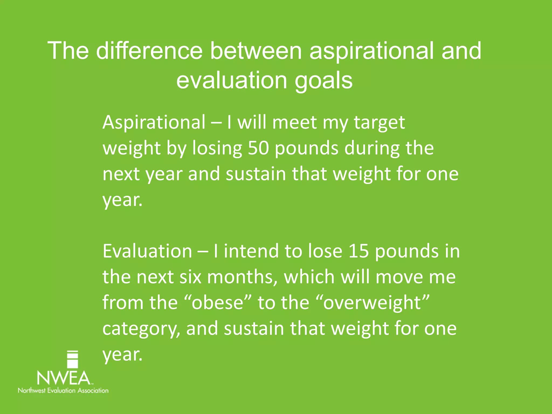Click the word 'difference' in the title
coord(149,51)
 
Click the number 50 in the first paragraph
coord(258,148)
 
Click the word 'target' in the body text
coord(379,123)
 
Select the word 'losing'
coord(217,149)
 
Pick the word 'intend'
coord(251,251)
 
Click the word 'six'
coord(191,277)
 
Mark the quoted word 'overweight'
coord(372,303)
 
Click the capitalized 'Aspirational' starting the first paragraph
coord(154,123)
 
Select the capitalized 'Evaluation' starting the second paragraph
coord(147,251)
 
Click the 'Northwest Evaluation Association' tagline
coord(63,390)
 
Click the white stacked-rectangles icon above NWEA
coord(72,359)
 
